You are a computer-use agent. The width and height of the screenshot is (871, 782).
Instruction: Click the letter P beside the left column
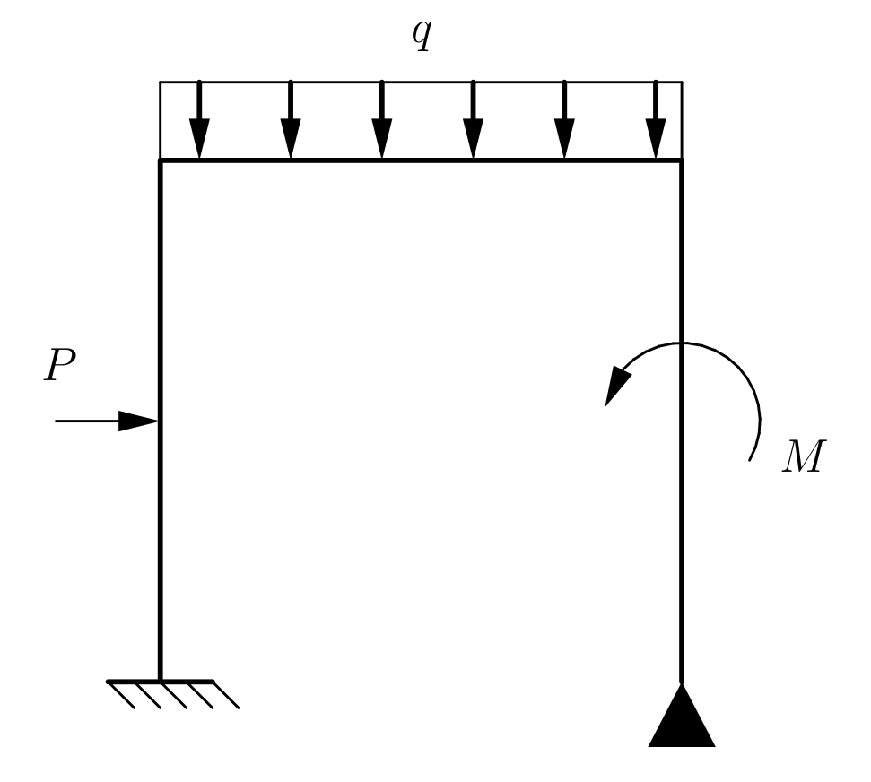tap(61, 366)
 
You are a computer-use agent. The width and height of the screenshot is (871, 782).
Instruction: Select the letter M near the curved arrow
tap(801, 457)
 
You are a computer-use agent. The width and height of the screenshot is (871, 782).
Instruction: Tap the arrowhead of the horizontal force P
tap(139, 421)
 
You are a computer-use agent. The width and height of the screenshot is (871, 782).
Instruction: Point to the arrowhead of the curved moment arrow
tap(616, 388)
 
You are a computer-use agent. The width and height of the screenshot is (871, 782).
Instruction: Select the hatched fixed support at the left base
tap(170, 692)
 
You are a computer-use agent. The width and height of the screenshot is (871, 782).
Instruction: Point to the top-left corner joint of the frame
tap(161, 161)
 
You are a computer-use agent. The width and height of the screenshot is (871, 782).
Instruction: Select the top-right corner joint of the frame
tap(682, 161)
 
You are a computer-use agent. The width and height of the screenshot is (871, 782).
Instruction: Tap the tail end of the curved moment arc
tap(751, 459)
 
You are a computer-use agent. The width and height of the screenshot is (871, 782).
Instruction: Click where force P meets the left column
tap(160, 421)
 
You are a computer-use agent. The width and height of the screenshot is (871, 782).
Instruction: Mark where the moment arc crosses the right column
tap(682, 343)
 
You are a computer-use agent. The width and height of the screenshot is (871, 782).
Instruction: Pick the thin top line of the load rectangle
tap(421, 82)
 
